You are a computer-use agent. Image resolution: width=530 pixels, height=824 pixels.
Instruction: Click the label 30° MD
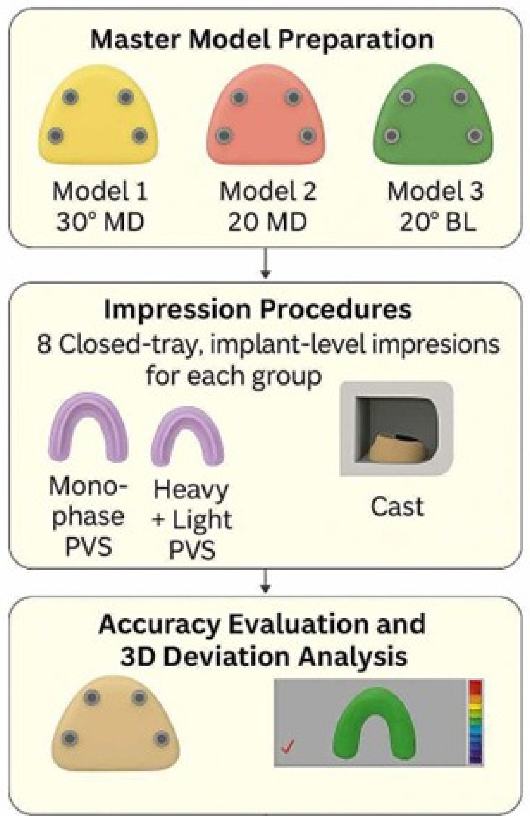(100, 222)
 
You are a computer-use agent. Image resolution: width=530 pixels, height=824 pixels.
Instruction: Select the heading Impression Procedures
(257, 310)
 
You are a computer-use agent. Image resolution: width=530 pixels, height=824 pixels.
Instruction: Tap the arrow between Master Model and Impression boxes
(265, 263)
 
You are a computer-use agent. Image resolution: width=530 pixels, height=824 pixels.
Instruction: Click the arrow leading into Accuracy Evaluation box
(265, 582)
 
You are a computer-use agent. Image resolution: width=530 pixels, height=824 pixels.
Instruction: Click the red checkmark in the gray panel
(288, 747)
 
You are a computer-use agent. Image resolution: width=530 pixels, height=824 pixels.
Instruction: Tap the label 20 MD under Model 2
(267, 222)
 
